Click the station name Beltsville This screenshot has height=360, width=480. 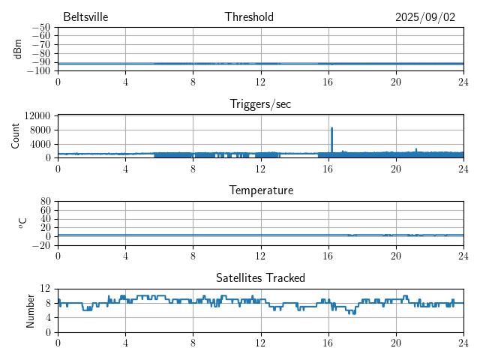tap(85, 17)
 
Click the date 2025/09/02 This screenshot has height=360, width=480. tap(425, 17)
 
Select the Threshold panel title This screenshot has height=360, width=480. tap(249, 17)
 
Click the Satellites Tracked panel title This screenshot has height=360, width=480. tap(260, 278)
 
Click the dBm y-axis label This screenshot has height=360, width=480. tap(16, 49)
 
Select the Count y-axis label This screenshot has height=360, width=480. tap(16, 136)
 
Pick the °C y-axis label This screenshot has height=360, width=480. tap(22, 223)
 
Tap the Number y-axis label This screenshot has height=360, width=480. tap(31, 310)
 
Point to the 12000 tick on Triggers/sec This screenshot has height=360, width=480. tap(37, 115)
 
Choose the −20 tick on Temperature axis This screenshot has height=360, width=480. tap(41, 245)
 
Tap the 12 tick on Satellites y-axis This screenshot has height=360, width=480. tap(45, 289)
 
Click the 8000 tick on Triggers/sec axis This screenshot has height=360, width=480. tap(40, 130)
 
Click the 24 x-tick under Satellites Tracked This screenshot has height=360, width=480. tap(463, 342)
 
